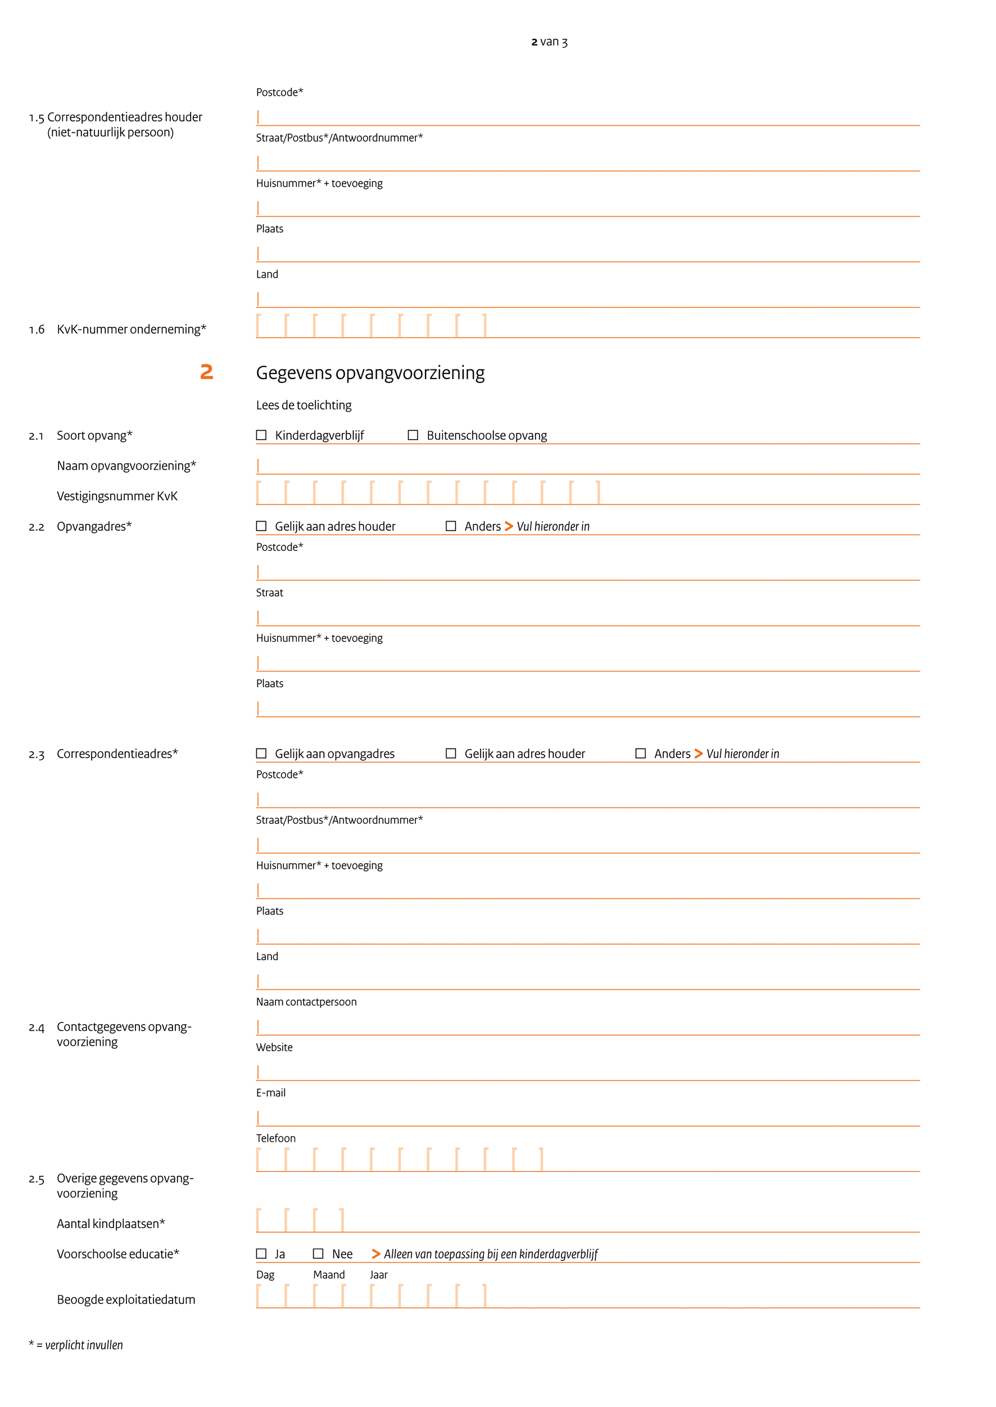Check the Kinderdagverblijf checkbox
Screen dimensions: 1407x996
click(261, 435)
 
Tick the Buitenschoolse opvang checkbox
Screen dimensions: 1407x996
click(413, 435)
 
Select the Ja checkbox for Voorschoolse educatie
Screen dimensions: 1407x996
click(261, 1254)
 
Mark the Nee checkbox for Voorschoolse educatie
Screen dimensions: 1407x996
click(318, 1254)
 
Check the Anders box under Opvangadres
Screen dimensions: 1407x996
click(451, 526)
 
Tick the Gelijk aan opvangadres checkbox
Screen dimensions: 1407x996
click(261, 753)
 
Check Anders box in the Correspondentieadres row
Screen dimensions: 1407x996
click(640, 753)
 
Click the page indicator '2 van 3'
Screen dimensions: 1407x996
click(549, 42)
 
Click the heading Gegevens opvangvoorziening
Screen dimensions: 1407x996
click(370, 373)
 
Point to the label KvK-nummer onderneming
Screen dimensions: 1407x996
click(132, 329)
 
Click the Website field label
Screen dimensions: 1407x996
click(274, 1047)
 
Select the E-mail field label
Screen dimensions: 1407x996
click(270, 1093)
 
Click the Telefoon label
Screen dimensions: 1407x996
click(275, 1138)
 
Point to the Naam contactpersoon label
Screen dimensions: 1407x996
click(306, 1002)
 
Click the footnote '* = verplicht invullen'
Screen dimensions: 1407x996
click(76, 1345)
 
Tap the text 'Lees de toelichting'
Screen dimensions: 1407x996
click(304, 405)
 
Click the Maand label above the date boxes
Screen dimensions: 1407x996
click(329, 1274)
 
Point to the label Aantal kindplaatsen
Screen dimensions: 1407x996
click(110, 1224)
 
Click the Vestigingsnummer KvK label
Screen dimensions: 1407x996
click(117, 496)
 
